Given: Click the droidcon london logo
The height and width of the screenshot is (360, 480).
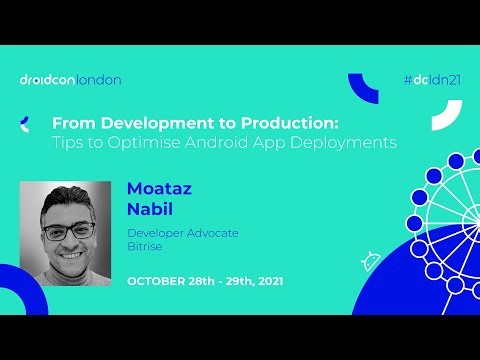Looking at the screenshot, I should [70, 79].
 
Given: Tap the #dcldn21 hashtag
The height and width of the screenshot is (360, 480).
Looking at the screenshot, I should [430, 79].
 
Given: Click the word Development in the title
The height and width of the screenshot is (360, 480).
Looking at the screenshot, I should [141, 123].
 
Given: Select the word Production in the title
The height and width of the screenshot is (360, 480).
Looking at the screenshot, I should [290, 123].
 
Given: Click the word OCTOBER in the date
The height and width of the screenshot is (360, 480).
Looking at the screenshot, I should [160, 281].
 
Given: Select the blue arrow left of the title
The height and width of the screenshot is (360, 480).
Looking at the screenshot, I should [24, 123].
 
